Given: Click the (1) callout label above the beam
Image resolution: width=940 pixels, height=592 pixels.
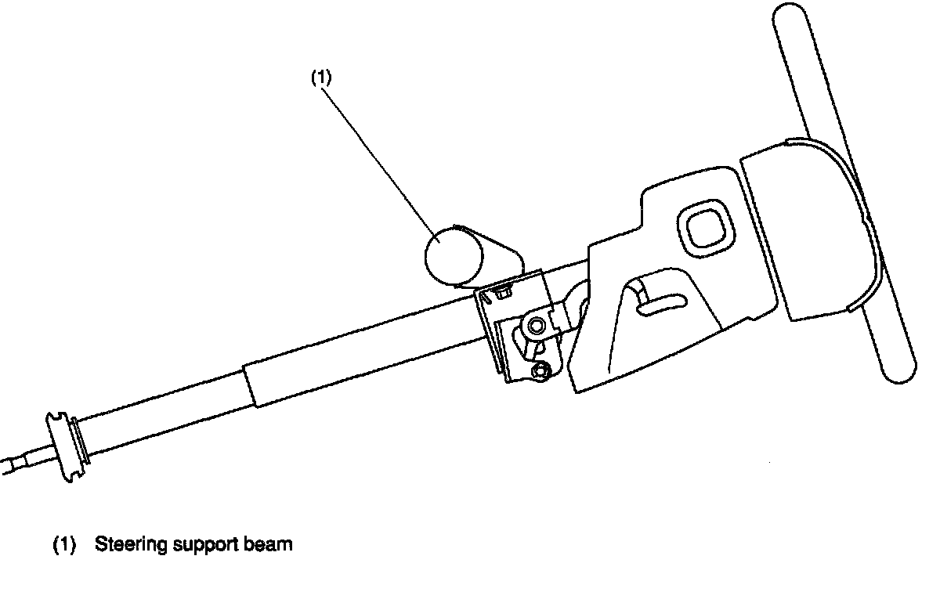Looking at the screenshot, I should coord(322,78).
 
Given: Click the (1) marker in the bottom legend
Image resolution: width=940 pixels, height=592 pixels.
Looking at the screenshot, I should coord(64,545).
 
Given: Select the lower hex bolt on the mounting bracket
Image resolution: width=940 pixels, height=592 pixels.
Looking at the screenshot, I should coord(539,370).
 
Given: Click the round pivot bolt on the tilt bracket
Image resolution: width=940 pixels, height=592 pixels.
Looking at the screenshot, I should coord(536,325).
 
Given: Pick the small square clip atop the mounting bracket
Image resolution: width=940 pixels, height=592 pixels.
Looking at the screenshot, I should coord(503,294).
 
